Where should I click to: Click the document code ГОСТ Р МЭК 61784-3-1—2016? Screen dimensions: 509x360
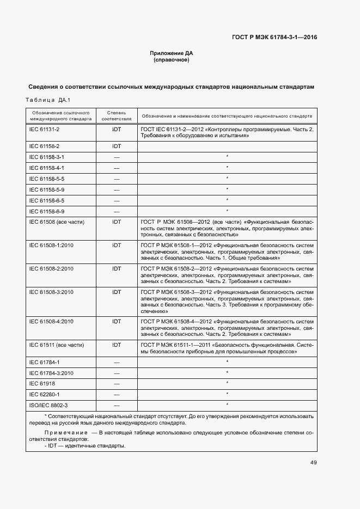pyautogui.click(x=274, y=38)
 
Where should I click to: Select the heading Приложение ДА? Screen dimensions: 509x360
pyautogui.click(x=172, y=53)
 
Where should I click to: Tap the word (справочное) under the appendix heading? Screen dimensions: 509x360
pyautogui.click(x=172, y=60)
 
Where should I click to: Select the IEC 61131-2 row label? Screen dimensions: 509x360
pyautogui.click(x=44, y=129)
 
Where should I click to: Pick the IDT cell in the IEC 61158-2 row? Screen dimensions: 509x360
pyautogui.click(x=117, y=146)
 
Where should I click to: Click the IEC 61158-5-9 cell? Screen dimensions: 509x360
pyautogui.click(x=47, y=189)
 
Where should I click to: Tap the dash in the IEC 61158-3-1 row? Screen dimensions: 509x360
pyautogui.click(x=117, y=157)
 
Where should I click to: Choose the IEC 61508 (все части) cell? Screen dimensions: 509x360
pyautogui.click(x=57, y=222)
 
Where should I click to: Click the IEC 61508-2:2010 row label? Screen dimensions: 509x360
pyautogui.click(x=51, y=268)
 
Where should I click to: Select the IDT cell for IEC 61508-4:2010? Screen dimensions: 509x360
pyautogui.click(x=117, y=321)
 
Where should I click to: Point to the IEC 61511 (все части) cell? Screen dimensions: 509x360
pyautogui.click(x=57, y=345)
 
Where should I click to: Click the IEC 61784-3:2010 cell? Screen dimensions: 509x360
pyautogui.click(x=51, y=373)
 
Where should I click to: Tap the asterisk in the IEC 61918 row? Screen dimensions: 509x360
pyautogui.click(x=227, y=383)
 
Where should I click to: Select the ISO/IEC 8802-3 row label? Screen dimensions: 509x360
pyautogui.click(x=48, y=405)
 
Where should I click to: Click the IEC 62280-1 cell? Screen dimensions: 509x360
pyautogui.click(x=45, y=394)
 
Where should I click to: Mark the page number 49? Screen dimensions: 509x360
pyautogui.click(x=313, y=463)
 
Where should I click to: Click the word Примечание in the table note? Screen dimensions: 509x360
pyautogui.click(x=64, y=432)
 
